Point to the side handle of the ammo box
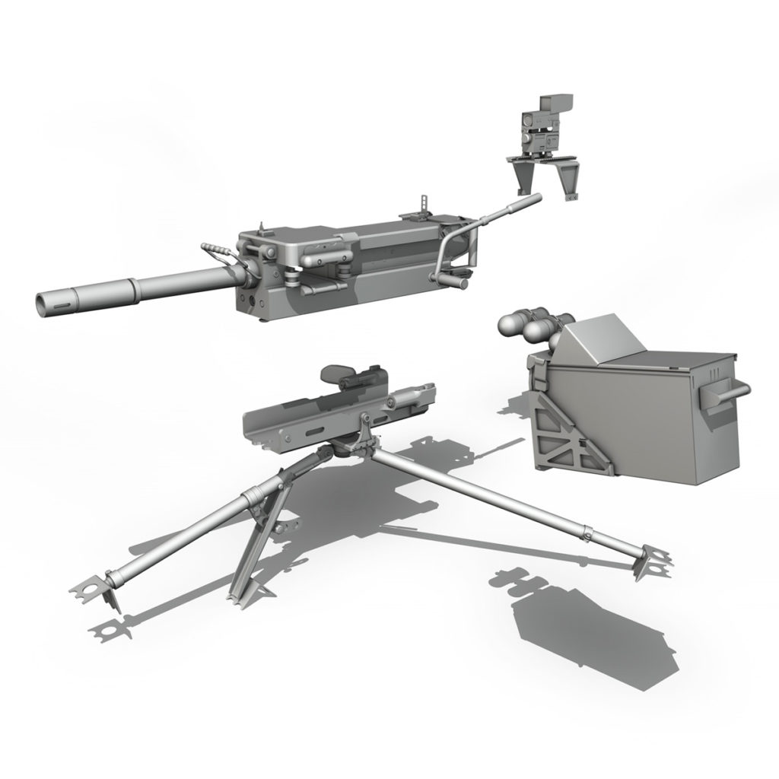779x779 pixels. [727, 393]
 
